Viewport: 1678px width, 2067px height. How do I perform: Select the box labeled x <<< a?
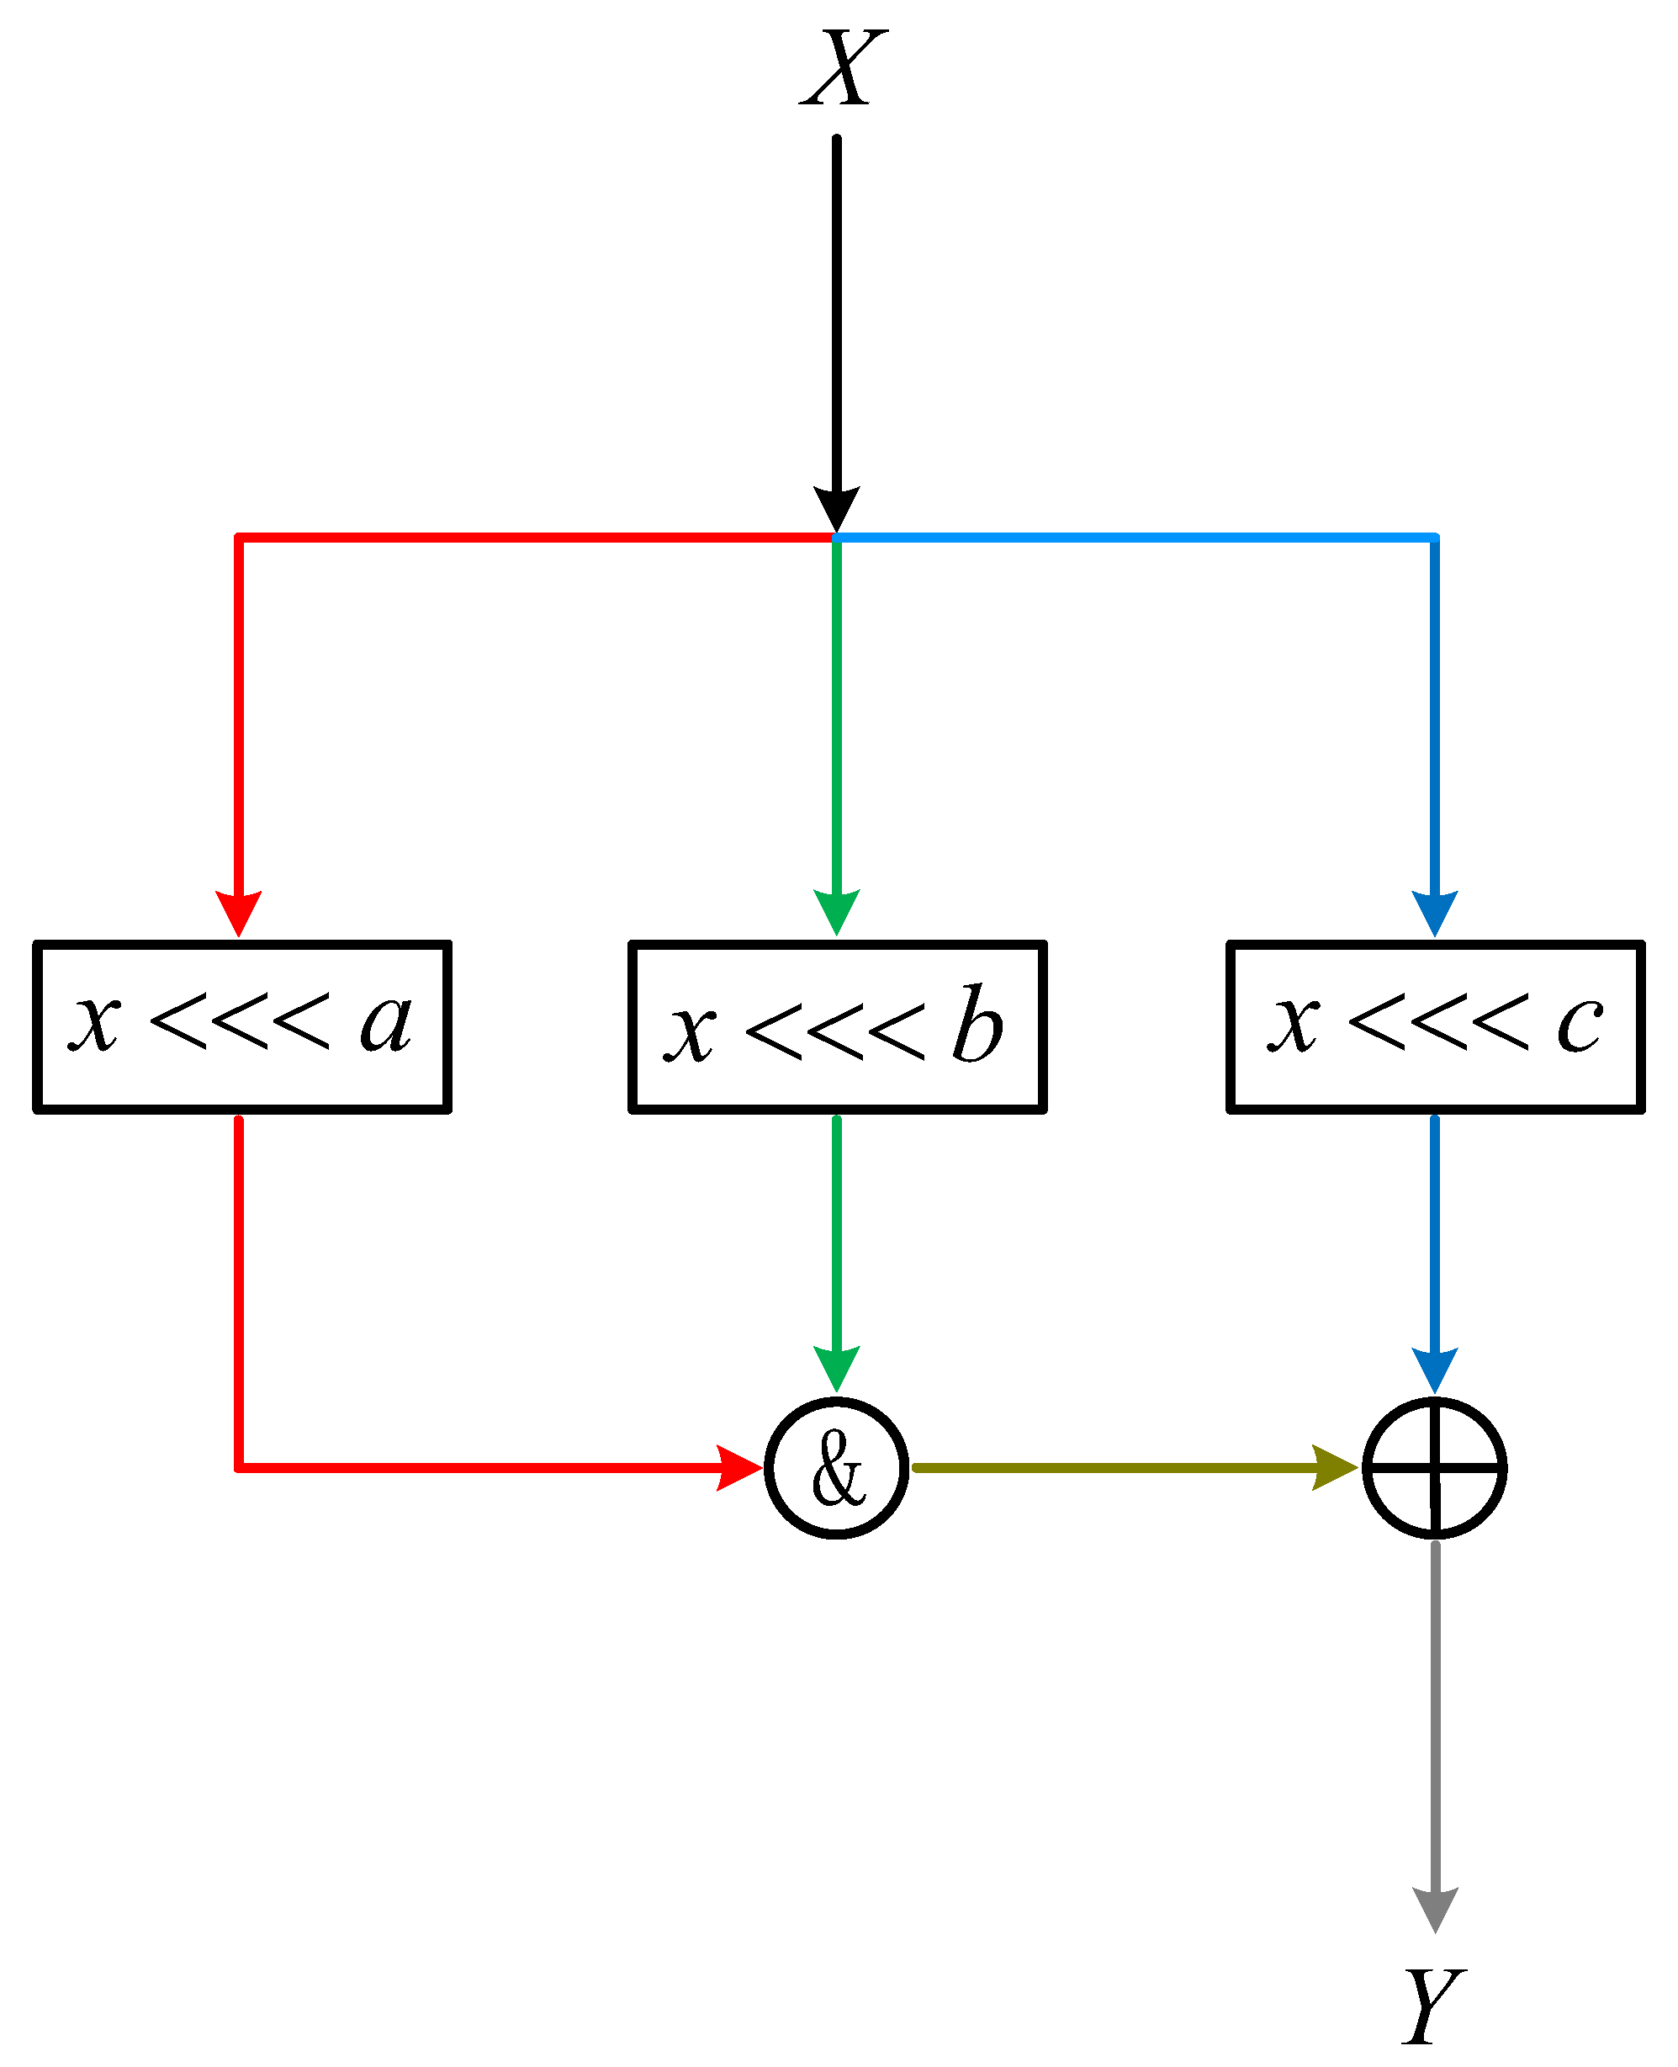coord(241,1026)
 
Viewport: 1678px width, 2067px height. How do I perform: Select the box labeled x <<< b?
coord(837,1026)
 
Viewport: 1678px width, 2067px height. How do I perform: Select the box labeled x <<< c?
coord(1436,1026)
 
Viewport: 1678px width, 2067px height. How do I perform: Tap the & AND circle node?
coord(836,1467)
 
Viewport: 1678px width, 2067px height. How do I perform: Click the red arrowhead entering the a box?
coord(239,912)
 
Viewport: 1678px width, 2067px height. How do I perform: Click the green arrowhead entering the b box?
coord(836,912)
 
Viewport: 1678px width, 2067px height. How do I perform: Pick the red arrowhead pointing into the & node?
coord(737,1467)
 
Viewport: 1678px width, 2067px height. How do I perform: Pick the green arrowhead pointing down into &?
coord(836,1366)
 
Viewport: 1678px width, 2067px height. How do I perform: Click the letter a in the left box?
coord(386,1022)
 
